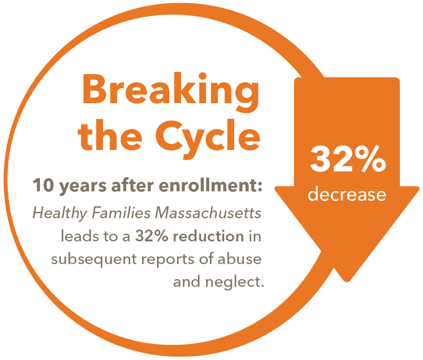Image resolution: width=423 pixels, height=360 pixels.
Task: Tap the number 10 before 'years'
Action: tap(40, 186)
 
